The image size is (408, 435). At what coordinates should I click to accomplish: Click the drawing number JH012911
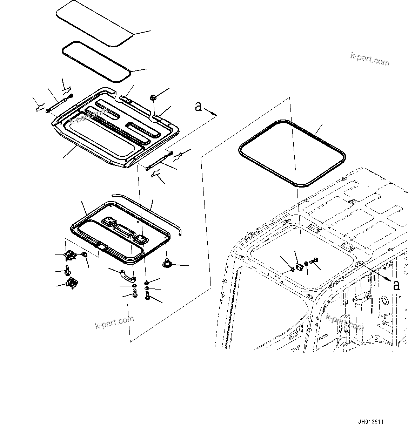coord(371,422)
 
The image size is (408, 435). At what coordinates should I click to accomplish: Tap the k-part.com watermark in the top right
coord(370,59)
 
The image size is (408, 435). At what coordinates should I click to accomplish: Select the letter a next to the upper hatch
coord(199,106)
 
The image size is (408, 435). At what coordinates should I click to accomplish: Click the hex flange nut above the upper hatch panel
coord(153,97)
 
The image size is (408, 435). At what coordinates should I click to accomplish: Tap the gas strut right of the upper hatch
coord(159,160)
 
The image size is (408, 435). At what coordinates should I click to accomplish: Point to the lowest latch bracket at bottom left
coord(72,283)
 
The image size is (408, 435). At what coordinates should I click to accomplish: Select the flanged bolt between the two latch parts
coord(67,270)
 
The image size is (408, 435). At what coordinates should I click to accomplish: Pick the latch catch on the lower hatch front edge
coord(101,246)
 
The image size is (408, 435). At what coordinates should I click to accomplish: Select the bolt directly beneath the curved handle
coord(135,294)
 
